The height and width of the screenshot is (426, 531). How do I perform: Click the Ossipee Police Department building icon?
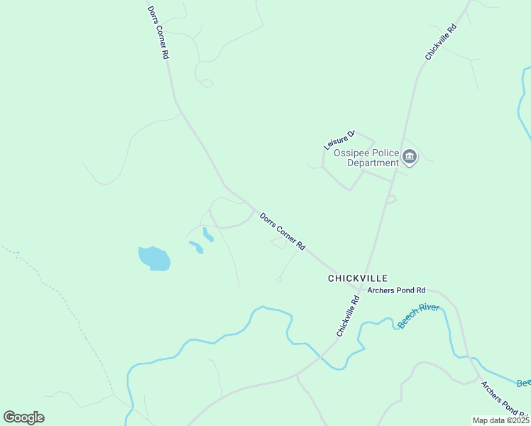coord(409,156)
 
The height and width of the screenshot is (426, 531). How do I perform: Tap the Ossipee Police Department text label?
coord(373,158)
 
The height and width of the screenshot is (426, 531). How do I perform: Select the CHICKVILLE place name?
coord(358,278)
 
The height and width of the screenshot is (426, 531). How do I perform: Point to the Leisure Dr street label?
coord(339,139)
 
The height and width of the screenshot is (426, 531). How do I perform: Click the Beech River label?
coord(418,316)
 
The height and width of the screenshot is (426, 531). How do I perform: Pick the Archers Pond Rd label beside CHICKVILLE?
coord(396,290)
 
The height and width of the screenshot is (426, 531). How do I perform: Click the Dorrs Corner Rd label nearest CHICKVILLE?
coord(282,231)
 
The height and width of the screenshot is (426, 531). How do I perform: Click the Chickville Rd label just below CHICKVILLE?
coord(348,317)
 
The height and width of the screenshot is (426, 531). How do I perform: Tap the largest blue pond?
coord(154,258)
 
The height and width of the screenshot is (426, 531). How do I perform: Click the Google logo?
coord(23,417)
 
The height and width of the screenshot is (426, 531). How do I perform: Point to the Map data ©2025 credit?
coord(500,420)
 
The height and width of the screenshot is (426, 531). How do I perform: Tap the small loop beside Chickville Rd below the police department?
coord(391,200)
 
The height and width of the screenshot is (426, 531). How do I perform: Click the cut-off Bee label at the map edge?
coord(523,383)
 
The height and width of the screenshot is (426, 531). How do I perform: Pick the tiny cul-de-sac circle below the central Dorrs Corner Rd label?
coord(279,280)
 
